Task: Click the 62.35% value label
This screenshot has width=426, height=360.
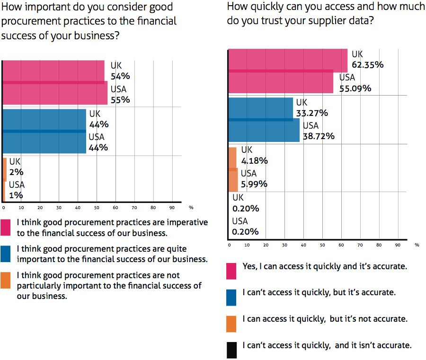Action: click(367, 65)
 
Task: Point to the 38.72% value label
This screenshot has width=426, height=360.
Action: click(319, 136)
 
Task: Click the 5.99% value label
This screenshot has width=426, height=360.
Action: click(254, 184)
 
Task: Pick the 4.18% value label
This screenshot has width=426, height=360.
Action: click(255, 161)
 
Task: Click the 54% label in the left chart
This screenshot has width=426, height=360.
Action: click(120, 77)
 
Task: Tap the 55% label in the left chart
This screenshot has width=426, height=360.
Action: click(120, 100)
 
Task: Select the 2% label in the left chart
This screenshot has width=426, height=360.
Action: click(16, 172)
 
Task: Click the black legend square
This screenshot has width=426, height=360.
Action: click(231, 350)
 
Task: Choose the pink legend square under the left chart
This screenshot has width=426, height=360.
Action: click(7, 227)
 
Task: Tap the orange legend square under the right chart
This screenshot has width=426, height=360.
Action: click(231, 324)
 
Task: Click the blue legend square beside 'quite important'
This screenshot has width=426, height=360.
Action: click(7, 254)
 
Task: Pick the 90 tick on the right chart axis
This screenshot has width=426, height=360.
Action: click(397, 245)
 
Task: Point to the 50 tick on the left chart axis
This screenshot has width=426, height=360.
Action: click(96, 207)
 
